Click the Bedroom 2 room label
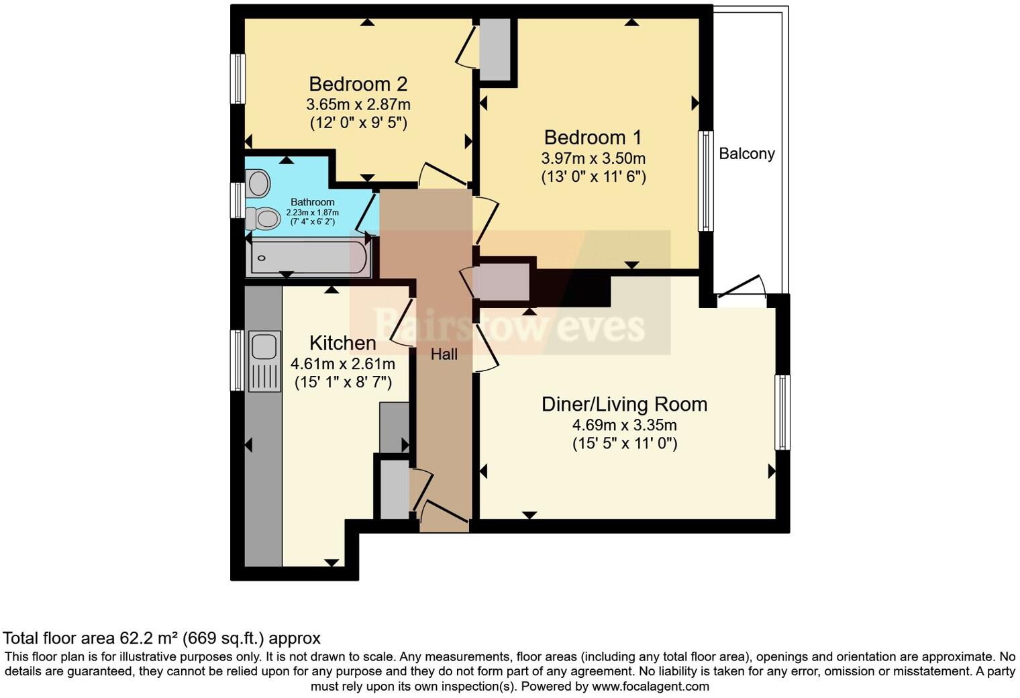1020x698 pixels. point(358,85)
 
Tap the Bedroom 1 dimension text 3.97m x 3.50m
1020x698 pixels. point(593,158)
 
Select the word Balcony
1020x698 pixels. point(746,154)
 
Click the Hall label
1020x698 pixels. point(444,354)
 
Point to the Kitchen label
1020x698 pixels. point(342,343)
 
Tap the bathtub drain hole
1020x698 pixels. point(262,258)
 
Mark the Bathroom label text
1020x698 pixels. point(312,202)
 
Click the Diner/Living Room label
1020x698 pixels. point(624,404)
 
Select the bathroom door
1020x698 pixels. point(366,211)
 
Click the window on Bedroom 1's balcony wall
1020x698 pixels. point(705,181)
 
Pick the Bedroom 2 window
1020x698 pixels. point(238,79)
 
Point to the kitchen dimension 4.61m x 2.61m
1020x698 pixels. point(342,364)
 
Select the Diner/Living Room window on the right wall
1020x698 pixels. point(782,411)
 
